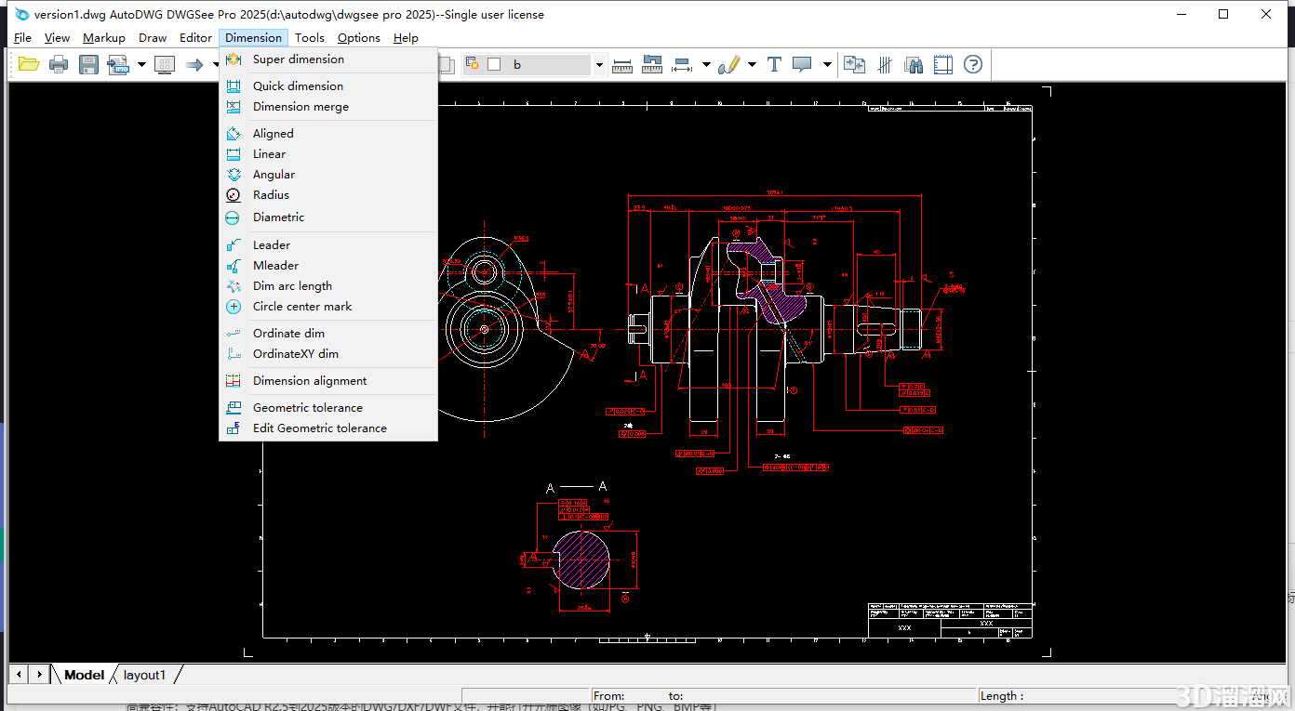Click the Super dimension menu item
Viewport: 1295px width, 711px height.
tap(298, 59)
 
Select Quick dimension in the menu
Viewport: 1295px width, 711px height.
tap(298, 86)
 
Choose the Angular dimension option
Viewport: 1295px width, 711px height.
tap(274, 175)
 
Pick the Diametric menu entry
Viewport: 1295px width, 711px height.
tap(278, 217)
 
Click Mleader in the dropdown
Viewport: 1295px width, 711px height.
tap(275, 266)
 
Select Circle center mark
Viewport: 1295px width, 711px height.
tap(302, 307)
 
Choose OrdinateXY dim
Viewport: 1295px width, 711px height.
tap(295, 354)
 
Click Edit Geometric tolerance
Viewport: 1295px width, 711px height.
tap(319, 428)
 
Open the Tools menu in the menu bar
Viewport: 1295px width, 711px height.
tap(310, 38)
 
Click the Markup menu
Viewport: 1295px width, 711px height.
tap(103, 38)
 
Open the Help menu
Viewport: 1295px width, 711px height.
tap(406, 38)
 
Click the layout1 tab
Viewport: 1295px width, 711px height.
tap(144, 675)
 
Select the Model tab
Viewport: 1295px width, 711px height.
tap(84, 675)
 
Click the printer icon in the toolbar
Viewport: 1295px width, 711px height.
tap(59, 64)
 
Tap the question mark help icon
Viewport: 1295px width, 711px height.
tap(973, 64)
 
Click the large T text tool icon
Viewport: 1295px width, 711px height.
tap(774, 64)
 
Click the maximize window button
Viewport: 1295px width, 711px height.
tap(1223, 14)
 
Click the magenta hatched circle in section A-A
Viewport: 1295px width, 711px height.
tap(581, 560)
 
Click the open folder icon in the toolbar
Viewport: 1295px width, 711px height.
tap(29, 64)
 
